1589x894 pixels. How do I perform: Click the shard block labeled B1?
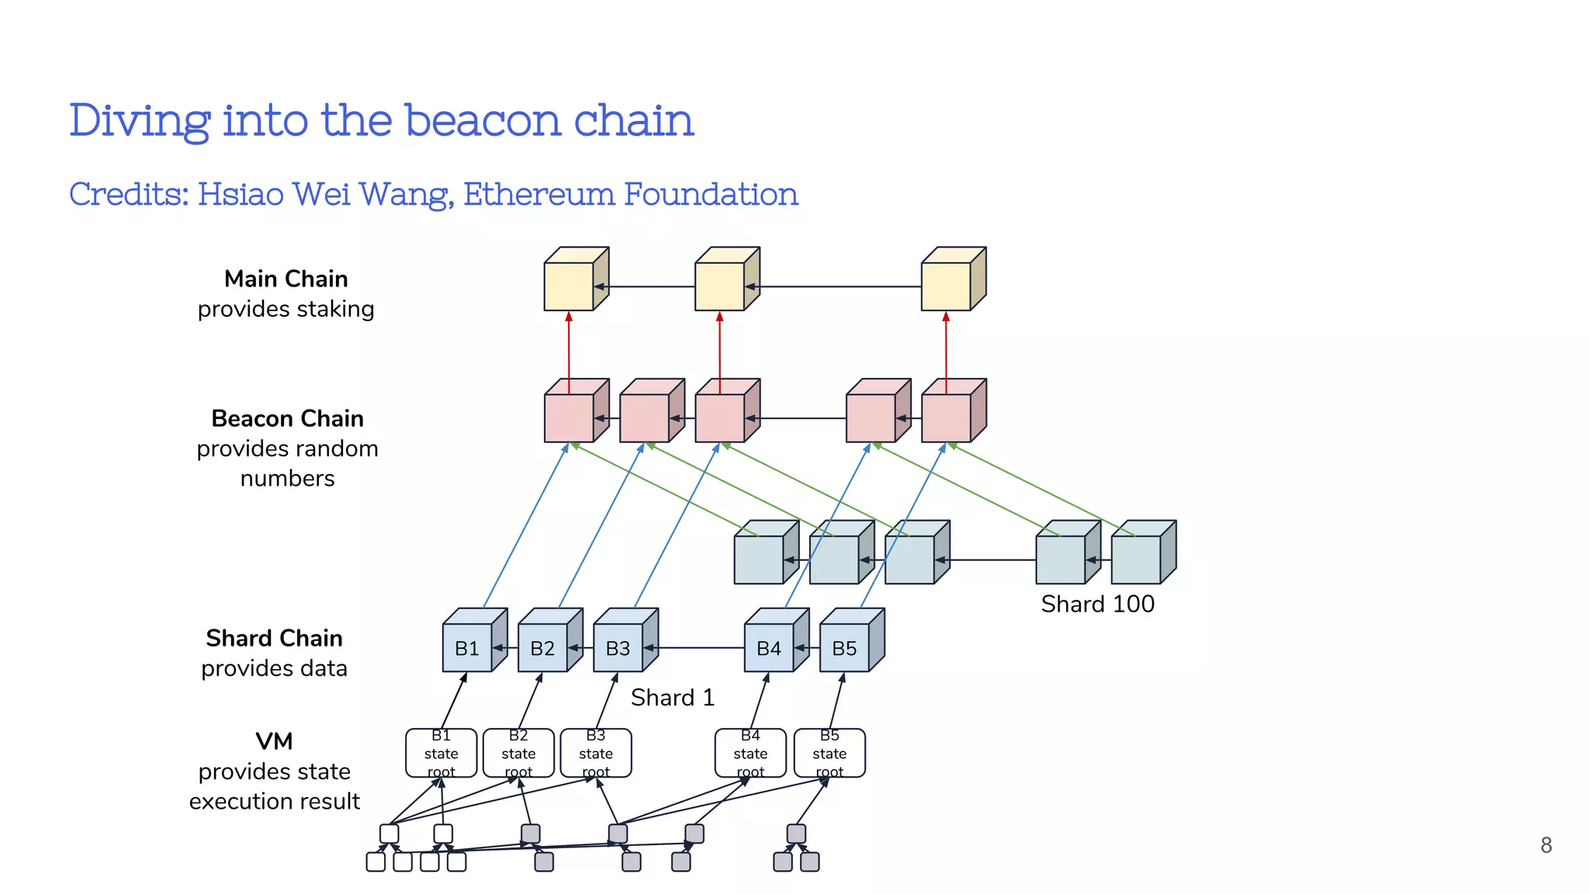467,648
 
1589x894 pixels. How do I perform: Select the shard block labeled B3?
618,648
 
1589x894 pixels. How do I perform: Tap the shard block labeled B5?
844,648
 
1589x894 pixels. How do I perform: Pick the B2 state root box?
518,754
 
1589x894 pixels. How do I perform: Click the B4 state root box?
750,754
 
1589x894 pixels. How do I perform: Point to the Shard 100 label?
1097,604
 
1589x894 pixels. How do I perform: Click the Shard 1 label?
672,698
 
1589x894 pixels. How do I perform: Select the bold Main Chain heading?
286,279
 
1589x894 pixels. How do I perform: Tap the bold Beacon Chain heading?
287,418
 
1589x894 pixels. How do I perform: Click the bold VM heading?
274,741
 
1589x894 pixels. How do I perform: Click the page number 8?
1546,845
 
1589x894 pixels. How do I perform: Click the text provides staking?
286,309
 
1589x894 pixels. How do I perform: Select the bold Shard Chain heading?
274,638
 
